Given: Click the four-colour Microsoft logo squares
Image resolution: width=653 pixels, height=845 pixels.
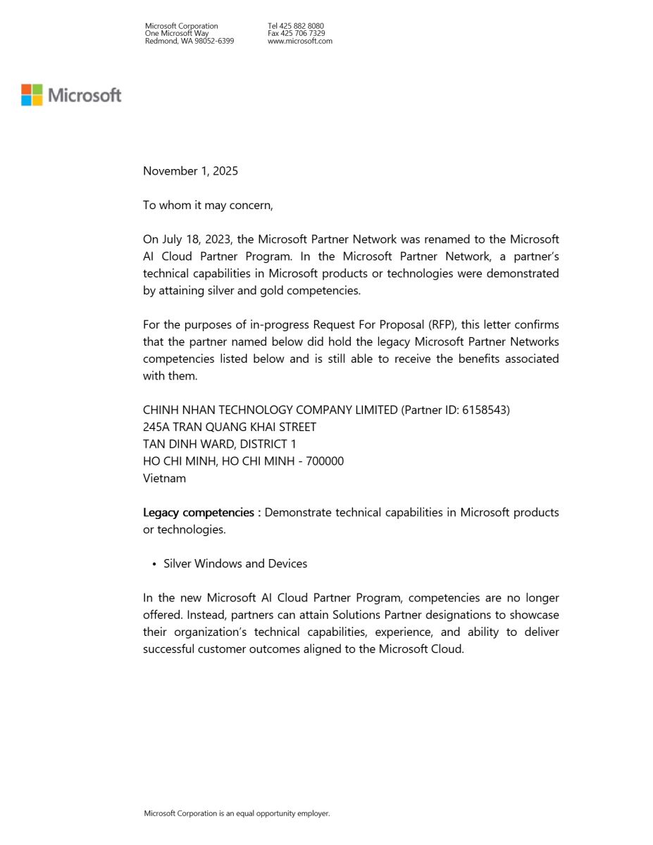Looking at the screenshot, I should coord(32,95).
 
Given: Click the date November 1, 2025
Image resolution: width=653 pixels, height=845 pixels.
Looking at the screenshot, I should coord(190,171).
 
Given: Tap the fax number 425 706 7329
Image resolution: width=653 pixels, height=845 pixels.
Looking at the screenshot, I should coord(302,33).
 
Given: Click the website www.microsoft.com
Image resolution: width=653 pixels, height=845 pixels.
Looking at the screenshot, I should coord(299,41).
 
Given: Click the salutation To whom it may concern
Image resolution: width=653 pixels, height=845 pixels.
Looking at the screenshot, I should coord(207,206).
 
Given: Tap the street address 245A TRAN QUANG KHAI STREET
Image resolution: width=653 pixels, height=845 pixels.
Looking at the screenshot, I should coord(230,427).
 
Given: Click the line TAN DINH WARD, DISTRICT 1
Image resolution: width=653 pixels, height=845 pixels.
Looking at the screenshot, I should coord(220,444).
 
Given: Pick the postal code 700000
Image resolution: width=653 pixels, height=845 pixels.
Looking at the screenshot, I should coord(325,461).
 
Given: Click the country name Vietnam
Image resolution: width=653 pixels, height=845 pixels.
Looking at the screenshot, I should coord(164,478).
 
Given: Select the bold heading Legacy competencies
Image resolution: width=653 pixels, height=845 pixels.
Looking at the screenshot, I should coord(200,513).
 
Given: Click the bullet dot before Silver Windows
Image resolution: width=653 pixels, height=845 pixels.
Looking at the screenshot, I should coord(154,564).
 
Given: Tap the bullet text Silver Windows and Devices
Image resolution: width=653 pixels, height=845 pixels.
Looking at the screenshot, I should coord(235,564).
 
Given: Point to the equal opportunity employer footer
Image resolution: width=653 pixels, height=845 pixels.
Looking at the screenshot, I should coord(237,813).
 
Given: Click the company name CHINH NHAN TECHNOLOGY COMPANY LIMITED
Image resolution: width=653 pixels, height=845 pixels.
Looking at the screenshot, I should coord(270,410).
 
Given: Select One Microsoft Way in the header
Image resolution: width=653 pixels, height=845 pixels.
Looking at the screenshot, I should coord(176,33).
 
